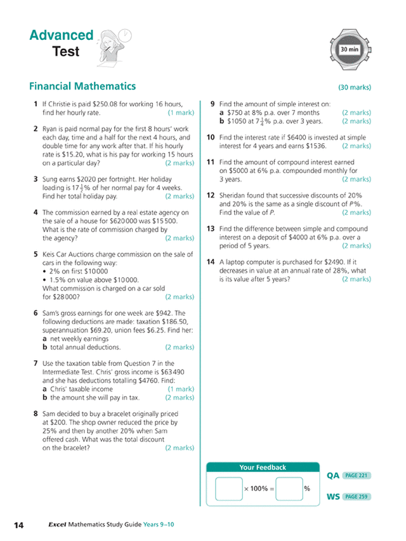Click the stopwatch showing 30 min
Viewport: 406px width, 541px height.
[x=351, y=48]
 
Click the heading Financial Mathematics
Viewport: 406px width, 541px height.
[x=82, y=86]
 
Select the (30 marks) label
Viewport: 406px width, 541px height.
[x=355, y=88]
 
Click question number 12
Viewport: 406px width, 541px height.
[x=211, y=196]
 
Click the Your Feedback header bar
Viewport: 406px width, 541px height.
[x=262, y=467]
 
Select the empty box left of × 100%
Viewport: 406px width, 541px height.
[x=228, y=489]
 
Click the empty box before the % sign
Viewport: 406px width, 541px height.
[x=289, y=489]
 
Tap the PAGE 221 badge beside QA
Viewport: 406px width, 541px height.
[x=356, y=475]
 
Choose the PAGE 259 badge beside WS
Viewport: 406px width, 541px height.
[x=356, y=497]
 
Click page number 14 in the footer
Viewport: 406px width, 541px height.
[x=18, y=525]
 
